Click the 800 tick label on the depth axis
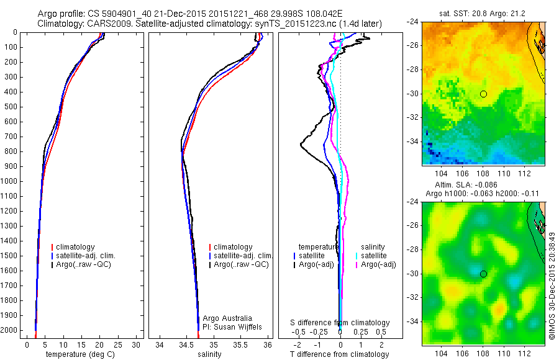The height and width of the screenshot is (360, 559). coord(10,151)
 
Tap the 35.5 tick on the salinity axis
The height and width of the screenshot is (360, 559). coord(241,344)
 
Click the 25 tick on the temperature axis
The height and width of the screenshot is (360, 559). coord(117,344)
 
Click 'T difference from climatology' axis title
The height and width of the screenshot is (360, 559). coord(339,354)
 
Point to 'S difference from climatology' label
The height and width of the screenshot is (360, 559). coord(340,323)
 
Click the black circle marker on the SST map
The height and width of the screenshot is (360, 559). coord(483,94)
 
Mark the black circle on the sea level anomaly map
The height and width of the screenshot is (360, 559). coord(483,274)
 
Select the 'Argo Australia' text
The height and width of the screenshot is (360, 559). coord(228,318)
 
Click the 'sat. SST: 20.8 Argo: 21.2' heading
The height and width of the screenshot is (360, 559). coord(483,13)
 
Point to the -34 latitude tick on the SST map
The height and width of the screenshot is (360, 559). coord(413,142)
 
